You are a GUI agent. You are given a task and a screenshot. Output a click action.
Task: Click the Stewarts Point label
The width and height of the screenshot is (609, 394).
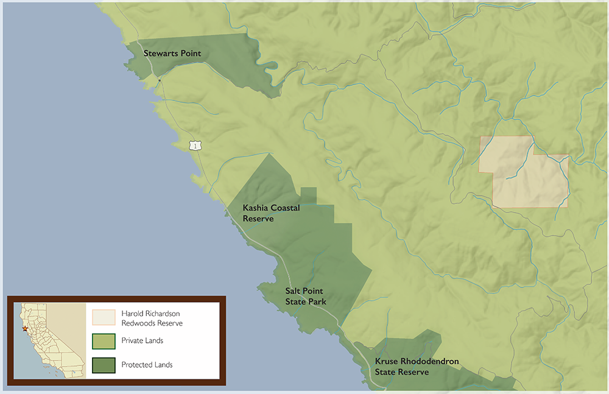(172, 54)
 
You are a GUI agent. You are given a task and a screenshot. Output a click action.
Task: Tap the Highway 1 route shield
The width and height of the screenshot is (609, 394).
(194, 145)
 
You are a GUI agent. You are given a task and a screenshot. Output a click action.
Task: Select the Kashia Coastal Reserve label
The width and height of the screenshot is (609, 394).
(271, 213)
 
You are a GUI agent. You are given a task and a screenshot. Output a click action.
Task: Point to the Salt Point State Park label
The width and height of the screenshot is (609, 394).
(306, 297)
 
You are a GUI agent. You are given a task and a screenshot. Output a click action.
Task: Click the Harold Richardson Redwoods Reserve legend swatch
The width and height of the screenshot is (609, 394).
(103, 317)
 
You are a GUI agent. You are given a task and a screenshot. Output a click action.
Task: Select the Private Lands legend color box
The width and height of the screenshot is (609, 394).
(103, 341)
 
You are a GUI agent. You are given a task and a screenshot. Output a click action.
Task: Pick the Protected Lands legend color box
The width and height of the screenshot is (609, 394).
(103, 365)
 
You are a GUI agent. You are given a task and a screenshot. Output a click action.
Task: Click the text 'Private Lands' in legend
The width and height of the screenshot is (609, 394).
(142, 341)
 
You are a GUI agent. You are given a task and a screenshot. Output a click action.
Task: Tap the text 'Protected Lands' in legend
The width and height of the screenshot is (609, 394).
(147, 365)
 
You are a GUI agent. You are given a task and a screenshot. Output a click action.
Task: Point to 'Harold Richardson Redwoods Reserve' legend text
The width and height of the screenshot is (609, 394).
(152, 318)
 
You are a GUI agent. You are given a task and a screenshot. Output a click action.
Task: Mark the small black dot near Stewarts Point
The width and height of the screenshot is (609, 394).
(160, 80)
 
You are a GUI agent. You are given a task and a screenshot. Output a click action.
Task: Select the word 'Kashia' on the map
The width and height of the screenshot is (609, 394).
(255, 208)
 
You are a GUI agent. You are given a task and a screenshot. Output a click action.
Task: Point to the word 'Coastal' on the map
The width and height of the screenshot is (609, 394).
(286, 208)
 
